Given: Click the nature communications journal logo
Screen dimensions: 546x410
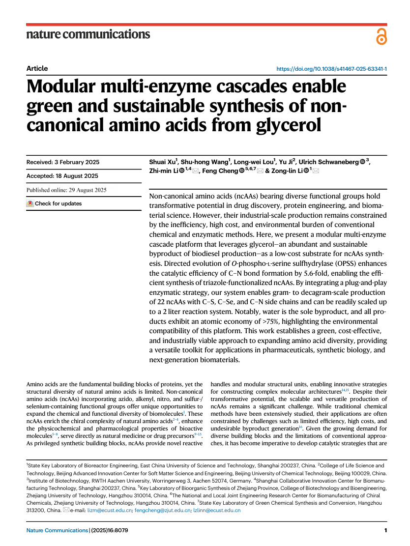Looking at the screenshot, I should pyautogui.click(x=88, y=34).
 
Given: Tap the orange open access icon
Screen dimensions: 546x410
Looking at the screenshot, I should pyautogui.click(x=381, y=36).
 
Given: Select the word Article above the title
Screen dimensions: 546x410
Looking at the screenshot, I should pyautogui.click(x=37, y=68).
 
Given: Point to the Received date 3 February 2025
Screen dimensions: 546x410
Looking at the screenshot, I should pyautogui.click(x=62, y=162).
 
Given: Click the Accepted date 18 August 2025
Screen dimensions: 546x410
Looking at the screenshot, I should pyautogui.click(x=62, y=176).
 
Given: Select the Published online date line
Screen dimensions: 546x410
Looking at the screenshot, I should pyautogui.click(x=66, y=190).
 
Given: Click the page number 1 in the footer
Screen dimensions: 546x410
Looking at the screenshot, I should pyautogui.click(x=385, y=530).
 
